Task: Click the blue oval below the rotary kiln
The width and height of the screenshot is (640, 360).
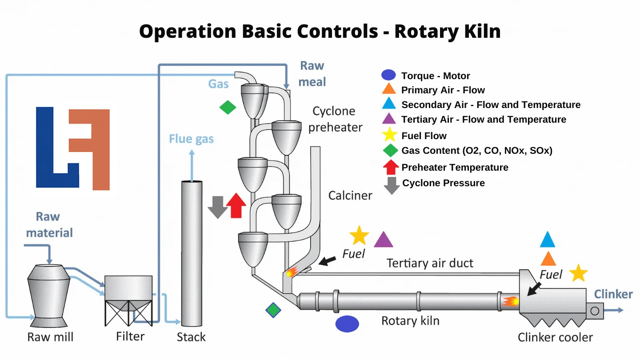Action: (x=347, y=324)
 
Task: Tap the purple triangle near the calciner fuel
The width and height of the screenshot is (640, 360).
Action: (x=383, y=240)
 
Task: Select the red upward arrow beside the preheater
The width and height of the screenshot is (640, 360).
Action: (x=236, y=206)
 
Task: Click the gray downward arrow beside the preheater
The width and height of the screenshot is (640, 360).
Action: (x=218, y=207)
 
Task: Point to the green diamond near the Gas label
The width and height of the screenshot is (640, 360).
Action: (x=228, y=107)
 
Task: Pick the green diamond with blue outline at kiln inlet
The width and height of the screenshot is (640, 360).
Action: (x=273, y=310)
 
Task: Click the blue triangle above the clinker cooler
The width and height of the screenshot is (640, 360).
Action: (x=548, y=240)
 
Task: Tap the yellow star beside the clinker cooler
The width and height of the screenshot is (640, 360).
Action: (x=578, y=273)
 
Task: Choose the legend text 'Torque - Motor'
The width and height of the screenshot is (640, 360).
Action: (x=435, y=76)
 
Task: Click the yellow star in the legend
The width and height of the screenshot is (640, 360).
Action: (x=390, y=135)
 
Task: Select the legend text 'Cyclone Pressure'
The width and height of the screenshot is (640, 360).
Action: (x=443, y=183)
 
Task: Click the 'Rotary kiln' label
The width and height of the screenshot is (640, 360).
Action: (x=410, y=320)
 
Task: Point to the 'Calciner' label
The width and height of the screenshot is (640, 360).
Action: (x=350, y=195)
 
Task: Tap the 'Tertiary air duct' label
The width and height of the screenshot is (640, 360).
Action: (x=430, y=263)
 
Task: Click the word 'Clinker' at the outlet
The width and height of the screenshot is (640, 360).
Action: (x=613, y=294)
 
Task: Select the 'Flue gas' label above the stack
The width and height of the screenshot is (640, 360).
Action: (x=191, y=139)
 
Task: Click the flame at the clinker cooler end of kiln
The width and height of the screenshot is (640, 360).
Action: (x=511, y=302)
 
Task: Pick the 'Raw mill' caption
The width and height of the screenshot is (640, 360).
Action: (x=50, y=337)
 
